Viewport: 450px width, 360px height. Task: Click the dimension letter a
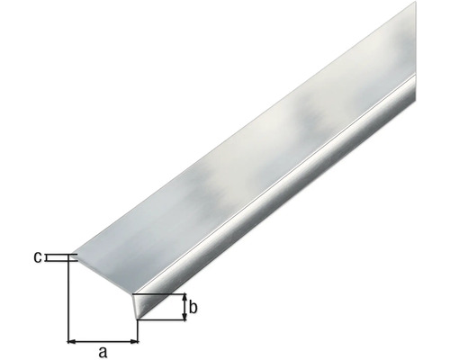click(103, 352)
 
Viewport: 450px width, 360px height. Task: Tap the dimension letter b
click(193, 307)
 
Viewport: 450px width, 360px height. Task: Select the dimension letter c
click(38, 257)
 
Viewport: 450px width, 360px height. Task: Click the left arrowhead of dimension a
click(73, 341)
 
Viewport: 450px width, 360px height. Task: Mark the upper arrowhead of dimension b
click(184, 298)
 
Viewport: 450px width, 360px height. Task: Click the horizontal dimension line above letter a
click(103, 341)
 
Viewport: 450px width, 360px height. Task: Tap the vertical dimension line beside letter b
click(184, 307)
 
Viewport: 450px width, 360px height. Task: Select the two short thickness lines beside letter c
click(59, 258)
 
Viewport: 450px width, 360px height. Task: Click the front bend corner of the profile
click(133, 294)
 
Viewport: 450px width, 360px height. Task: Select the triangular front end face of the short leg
click(137, 305)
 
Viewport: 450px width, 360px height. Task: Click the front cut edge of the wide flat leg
click(104, 276)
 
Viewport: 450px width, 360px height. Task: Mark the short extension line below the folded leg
click(139, 331)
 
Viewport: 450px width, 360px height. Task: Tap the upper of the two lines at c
click(59, 255)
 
